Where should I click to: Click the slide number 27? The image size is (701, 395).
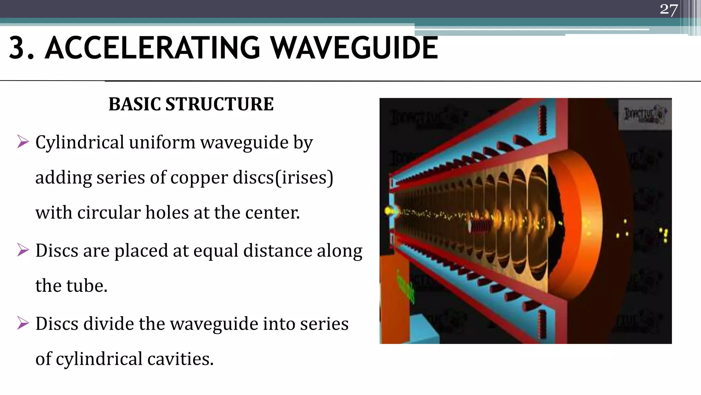(x=668, y=9)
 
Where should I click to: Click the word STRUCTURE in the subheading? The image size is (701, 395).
(x=219, y=104)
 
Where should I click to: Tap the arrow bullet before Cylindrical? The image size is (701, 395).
(x=23, y=142)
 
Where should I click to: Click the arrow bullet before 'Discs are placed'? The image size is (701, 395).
(x=23, y=250)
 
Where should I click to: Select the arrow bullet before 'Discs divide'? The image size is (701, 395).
(x=23, y=323)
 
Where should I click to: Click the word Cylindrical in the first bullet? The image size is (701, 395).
(x=80, y=143)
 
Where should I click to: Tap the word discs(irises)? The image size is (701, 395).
(x=283, y=178)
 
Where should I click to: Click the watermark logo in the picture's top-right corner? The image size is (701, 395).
(x=645, y=115)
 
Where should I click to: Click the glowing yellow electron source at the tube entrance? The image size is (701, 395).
(x=389, y=211)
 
